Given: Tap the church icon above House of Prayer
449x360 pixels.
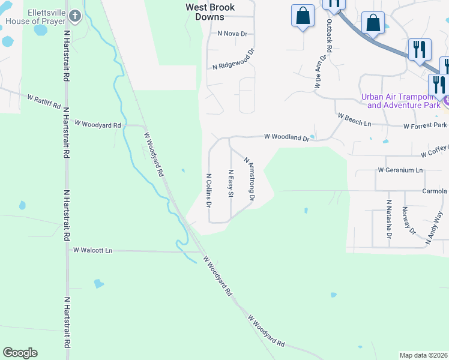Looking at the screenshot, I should coord(74,16).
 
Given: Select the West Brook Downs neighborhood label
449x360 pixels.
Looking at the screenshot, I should coord(209,12).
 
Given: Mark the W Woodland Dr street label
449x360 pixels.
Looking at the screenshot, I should coord(287,137).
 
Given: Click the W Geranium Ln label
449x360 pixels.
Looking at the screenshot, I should coord(400,170).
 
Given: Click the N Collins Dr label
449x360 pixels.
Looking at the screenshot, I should coord(208,190).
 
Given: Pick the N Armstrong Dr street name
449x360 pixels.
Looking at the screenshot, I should coord(250,178).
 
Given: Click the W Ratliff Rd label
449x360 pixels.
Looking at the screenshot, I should coord(44,101).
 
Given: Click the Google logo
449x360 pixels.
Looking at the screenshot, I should coord(20,353).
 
